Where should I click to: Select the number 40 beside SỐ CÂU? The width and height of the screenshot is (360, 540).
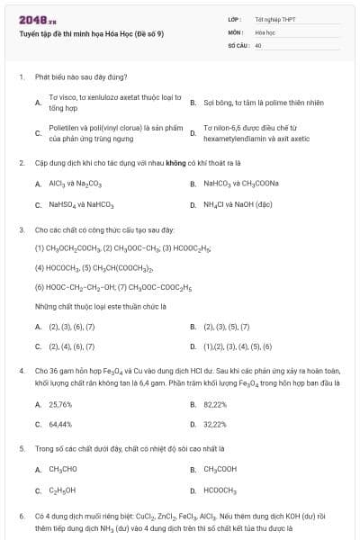pos(258,44)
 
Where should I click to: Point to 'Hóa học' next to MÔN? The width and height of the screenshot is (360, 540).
pos(265,31)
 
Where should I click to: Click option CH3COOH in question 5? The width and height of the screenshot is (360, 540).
pos(220,469)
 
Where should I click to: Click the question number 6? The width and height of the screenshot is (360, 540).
pos(21,516)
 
